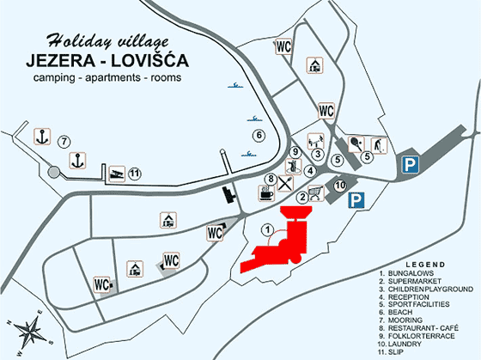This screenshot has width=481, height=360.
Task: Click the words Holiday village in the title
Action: click(103, 40)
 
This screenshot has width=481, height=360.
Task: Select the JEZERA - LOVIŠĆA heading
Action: click(107, 60)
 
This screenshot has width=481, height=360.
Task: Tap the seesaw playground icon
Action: click(315, 138)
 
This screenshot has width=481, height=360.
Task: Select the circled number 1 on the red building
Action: click(269, 229)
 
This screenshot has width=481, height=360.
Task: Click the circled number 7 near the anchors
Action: click(64, 141)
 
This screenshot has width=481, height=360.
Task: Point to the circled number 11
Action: click(134, 174)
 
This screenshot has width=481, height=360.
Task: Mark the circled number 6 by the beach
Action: click(256, 136)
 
